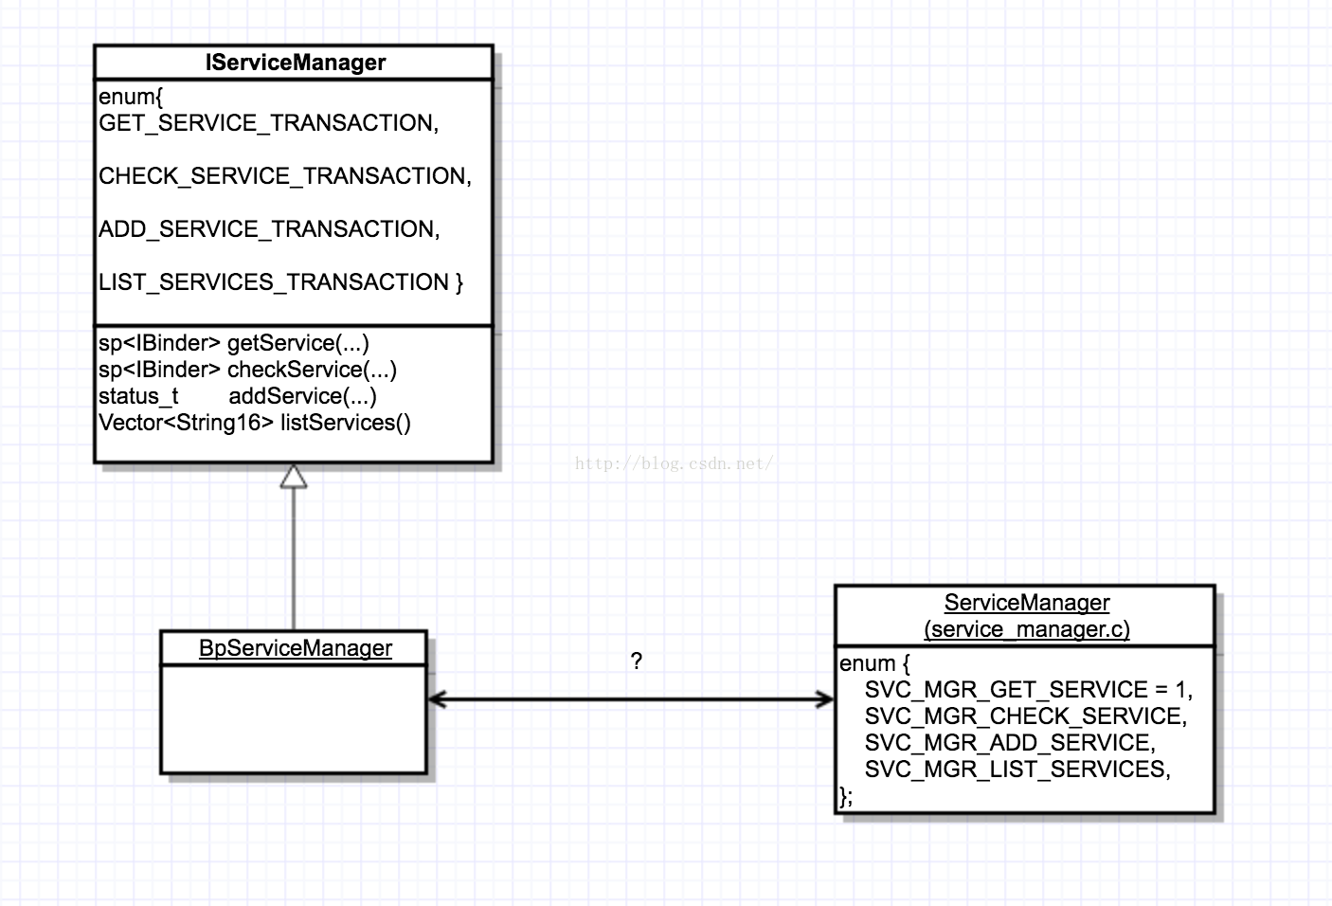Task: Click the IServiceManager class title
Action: coord(295,63)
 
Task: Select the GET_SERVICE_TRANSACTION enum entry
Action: coord(268,123)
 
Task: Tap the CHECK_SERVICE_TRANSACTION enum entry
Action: coord(284,176)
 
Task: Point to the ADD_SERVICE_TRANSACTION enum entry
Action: coord(269,229)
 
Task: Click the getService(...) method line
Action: coord(233,343)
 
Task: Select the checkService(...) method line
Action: coord(247,370)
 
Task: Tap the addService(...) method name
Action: coord(302,396)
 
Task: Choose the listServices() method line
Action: coord(254,423)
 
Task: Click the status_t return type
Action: coord(138,396)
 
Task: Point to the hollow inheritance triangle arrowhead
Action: coord(294,476)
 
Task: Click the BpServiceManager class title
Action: coord(295,648)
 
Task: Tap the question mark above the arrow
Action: coord(636,661)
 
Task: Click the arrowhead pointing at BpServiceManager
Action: coord(437,699)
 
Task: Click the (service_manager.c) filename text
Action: coord(1026,629)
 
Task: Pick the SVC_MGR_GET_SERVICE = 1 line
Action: coord(1028,690)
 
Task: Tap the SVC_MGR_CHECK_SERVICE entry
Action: coord(1025,716)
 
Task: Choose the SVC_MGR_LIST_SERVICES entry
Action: coord(1017,770)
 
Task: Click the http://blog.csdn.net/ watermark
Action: coord(674,463)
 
